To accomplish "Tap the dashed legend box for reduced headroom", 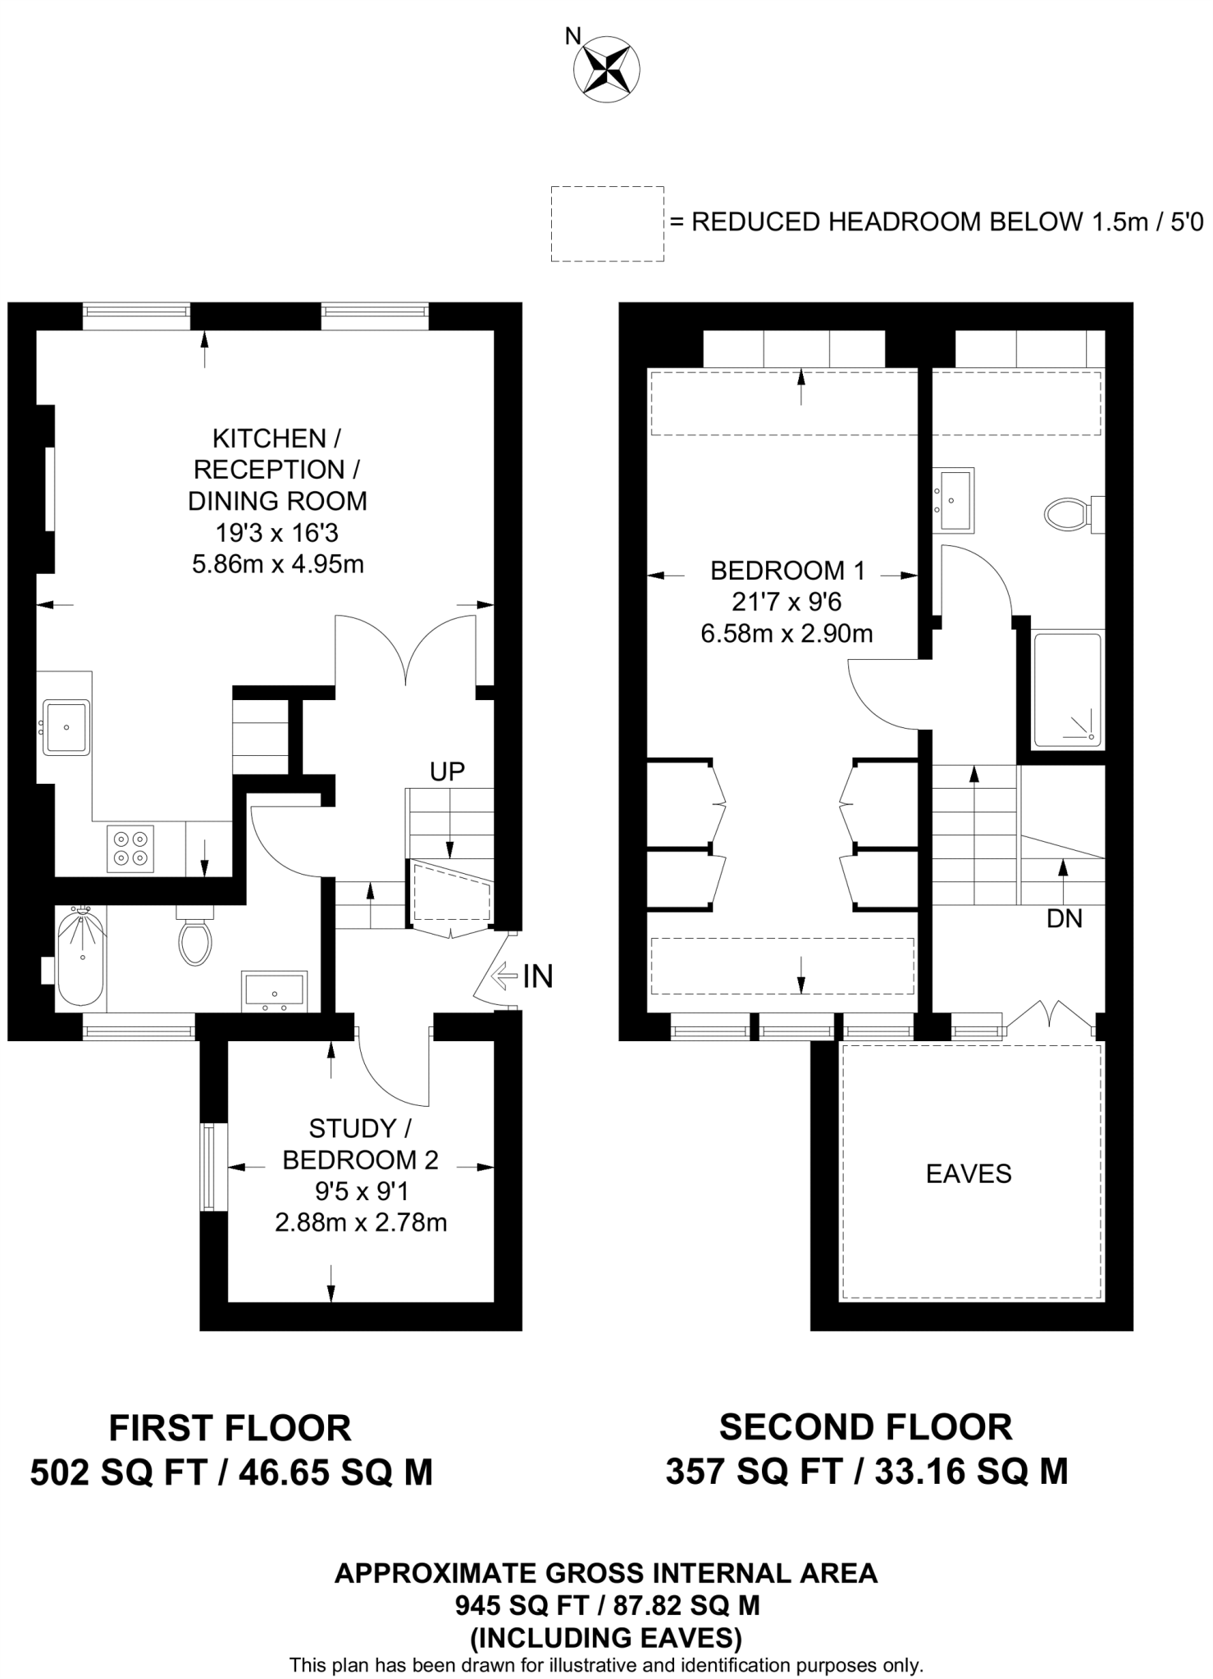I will pyautogui.click(x=607, y=224).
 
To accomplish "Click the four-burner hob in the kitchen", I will pyautogui.click(x=131, y=849).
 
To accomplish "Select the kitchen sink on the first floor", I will pyautogui.click(x=66, y=727).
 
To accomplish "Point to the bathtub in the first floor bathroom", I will pyautogui.click(x=80, y=958).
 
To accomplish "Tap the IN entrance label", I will pyautogui.click(x=538, y=976).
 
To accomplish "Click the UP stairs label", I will pyautogui.click(x=447, y=771).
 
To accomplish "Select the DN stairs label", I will pyautogui.click(x=1065, y=919).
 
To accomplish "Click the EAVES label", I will pyautogui.click(x=969, y=1174).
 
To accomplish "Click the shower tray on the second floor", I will pyautogui.click(x=1066, y=689).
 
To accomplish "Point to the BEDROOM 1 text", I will pyautogui.click(x=787, y=570).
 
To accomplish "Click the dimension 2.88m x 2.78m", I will pyautogui.click(x=361, y=1223).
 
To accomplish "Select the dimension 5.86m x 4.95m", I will pyautogui.click(x=278, y=565).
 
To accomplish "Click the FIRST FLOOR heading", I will pyautogui.click(x=230, y=1427).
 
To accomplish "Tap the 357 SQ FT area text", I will pyautogui.click(x=753, y=1472).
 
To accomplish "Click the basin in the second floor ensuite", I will pyautogui.click(x=954, y=499).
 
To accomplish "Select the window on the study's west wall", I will pyautogui.click(x=213, y=1167).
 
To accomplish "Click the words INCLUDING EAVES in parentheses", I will pyautogui.click(x=606, y=1638).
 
